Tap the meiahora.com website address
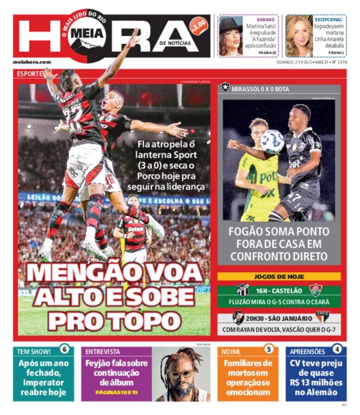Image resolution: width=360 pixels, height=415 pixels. [32, 62]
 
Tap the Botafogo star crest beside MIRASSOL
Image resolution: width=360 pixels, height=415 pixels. [225, 87]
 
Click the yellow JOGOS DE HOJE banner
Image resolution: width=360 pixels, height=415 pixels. [279, 277]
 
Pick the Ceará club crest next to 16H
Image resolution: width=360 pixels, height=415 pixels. [243, 290]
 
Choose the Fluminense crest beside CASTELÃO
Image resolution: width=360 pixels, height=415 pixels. [316, 290]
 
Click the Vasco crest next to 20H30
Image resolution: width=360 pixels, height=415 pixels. [239, 318]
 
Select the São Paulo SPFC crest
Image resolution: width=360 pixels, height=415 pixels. [322, 318]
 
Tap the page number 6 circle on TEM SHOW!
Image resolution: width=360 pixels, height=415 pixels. [64, 350]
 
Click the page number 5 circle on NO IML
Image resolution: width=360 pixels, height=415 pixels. [269, 350]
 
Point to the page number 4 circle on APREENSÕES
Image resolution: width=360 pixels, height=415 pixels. [337, 350]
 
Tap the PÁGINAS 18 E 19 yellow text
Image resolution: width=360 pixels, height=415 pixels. [116, 392]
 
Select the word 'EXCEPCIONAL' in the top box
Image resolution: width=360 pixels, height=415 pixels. [328, 20]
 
